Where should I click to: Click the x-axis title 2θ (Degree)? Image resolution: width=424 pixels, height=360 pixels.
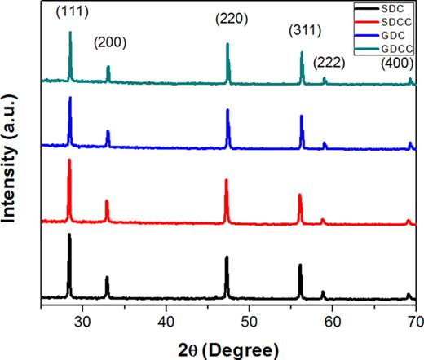tap(229, 348)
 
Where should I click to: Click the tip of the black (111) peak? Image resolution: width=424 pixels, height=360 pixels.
tap(69, 235)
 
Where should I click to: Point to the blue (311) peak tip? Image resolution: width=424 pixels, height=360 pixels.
tap(302, 116)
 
